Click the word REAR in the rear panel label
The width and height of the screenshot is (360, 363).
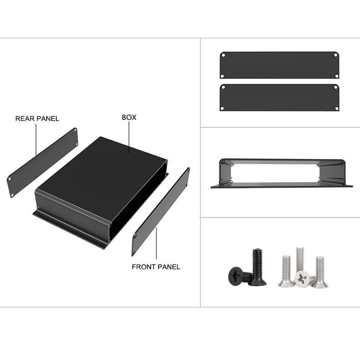point(24,119)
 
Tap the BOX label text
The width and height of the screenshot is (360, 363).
point(129,117)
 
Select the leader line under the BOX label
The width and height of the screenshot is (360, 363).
point(129,137)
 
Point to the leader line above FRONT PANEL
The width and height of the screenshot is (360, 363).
point(156,244)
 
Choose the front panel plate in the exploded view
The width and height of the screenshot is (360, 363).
point(161,212)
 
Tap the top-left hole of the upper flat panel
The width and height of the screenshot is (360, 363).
point(223,55)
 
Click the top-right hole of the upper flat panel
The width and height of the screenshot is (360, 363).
point(335,55)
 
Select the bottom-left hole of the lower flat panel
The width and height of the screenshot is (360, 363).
point(222,109)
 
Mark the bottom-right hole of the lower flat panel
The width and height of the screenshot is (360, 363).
point(337,109)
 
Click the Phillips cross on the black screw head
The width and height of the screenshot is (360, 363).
point(236,275)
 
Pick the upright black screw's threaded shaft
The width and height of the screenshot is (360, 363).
point(257,264)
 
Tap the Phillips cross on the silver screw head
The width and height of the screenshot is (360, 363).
point(302,279)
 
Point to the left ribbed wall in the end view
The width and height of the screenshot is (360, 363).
point(224,171)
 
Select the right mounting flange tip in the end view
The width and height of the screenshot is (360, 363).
point(351,186)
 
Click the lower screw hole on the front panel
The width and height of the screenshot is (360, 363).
point(135,237)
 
